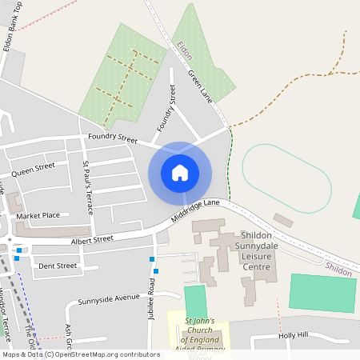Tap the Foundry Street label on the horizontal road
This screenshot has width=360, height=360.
[x=113, y=138]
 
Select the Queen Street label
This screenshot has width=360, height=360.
[x=33, y=169]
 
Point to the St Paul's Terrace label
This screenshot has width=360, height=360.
[x=88, y=187]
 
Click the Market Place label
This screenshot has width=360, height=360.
[x=38, y=216]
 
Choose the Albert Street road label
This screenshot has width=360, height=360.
[x=92, y=239]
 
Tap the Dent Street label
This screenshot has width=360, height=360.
[x=58, y=266]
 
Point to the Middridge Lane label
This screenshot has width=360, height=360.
[x=195, y=210]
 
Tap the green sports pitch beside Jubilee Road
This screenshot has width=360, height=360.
[x=195, y=302]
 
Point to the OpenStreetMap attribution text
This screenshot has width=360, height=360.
[x=80, y=354]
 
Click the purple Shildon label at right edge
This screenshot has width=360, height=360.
[x=338, y=271]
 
